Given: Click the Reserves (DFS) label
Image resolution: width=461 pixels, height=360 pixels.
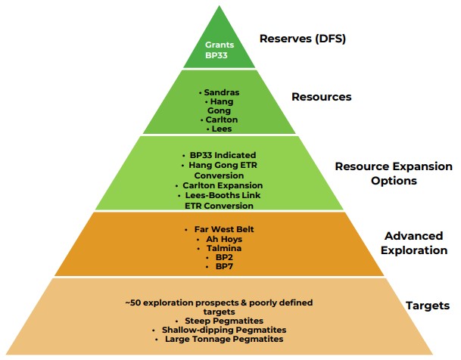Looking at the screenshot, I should click(x=302, y=38).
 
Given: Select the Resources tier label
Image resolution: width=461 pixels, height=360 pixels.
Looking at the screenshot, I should click(x=321, y=97).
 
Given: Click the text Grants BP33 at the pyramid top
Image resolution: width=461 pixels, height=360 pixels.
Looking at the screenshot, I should click(x=220, y=50).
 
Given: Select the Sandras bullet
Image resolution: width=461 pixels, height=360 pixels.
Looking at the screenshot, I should click(x=219, y=91).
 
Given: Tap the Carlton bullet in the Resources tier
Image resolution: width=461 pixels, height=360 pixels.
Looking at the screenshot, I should click(x=219, y=120).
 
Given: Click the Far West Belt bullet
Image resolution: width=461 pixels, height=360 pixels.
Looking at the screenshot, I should click(x=220, y=228).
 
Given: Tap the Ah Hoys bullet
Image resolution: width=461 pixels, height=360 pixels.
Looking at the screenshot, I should click(x=220, y=238).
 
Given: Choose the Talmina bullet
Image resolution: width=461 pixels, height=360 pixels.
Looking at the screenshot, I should click(x=220, y=248).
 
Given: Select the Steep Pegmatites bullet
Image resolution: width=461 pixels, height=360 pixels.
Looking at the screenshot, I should click(x=220, y=321).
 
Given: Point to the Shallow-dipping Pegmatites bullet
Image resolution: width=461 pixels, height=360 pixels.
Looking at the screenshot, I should click(x=220, y=331).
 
